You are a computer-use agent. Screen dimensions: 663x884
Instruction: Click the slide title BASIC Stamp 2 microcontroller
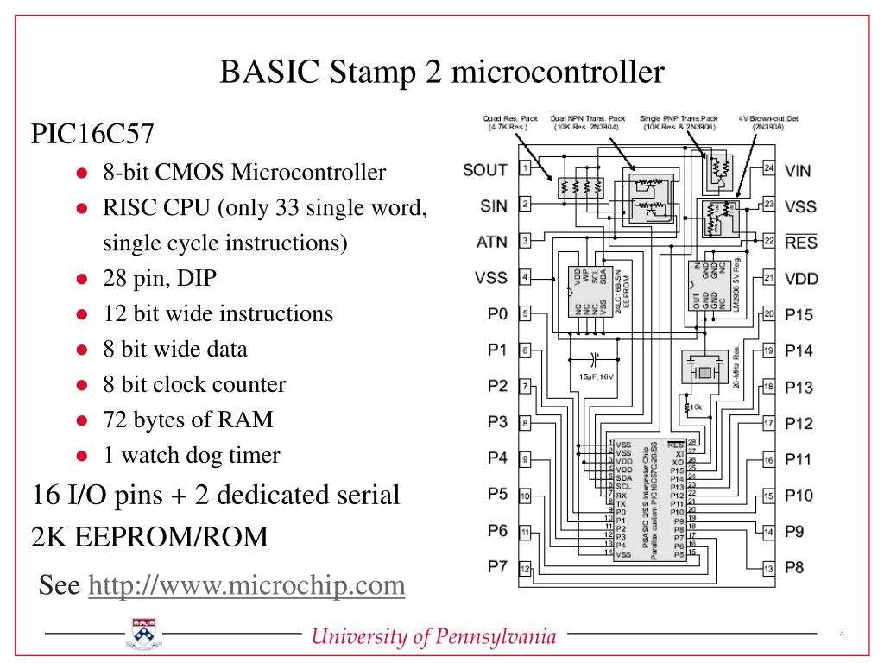(x=442, y=72)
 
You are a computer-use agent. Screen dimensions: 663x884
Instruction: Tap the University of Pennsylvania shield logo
(x=142, y=635)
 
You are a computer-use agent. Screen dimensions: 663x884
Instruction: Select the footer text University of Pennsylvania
(x=434, y=637)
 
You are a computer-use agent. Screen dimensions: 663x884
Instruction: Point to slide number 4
(x=842, y=635)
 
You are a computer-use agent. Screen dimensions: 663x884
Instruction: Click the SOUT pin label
(x=485, y=169)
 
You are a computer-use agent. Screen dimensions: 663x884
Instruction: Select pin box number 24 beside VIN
(x=768, y=169)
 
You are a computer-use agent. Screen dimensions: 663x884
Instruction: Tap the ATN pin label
(x=491, y=242)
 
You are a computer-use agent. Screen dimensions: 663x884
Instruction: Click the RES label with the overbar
(x=800, y=243)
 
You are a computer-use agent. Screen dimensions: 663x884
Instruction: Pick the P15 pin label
(x=799, y=314)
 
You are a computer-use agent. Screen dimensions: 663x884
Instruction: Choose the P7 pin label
(x=496, y=566)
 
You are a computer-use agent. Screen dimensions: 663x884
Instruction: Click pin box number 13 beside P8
(x=768, y=568)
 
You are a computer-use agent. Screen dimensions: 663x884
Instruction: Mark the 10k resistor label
(x=697, y=406)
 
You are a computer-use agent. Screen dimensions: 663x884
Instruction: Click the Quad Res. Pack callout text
(x=510, y=123)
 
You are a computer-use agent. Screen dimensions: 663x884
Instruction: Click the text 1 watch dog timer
(x=191, y=456)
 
